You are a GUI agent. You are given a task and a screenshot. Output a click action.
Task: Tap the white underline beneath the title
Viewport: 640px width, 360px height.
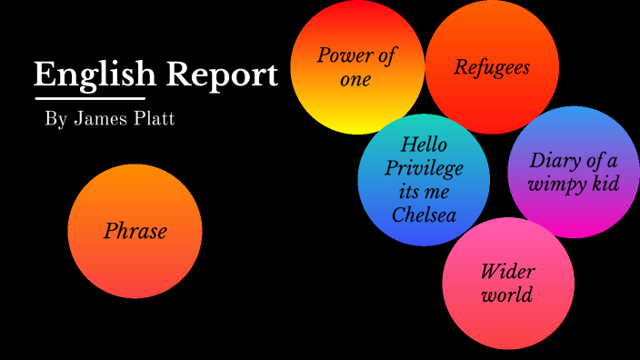pos(89,97)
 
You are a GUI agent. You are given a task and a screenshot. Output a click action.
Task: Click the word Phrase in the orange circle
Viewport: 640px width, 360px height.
pos(135,231)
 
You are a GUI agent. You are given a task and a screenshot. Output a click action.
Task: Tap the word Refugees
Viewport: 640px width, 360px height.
pos(492,67)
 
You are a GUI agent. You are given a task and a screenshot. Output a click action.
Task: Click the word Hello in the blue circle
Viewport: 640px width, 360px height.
pos(424,145)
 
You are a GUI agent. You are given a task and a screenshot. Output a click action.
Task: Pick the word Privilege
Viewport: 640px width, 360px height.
pos(424,168)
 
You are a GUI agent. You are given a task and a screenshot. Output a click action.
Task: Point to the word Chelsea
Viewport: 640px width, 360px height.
pos(424,215)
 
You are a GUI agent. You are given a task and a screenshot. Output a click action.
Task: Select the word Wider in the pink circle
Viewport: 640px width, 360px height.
pos(507,272)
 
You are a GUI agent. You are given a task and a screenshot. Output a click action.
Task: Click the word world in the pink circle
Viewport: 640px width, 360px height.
pos(507,295)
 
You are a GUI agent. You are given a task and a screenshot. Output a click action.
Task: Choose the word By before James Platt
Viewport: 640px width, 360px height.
pos(55,120)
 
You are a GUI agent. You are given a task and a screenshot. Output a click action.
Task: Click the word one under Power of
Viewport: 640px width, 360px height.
pos(355,80)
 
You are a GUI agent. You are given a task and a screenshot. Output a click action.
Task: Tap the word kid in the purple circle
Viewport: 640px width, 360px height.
pos(604,185)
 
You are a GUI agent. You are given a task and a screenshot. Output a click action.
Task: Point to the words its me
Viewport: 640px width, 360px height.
pos(424,192)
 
